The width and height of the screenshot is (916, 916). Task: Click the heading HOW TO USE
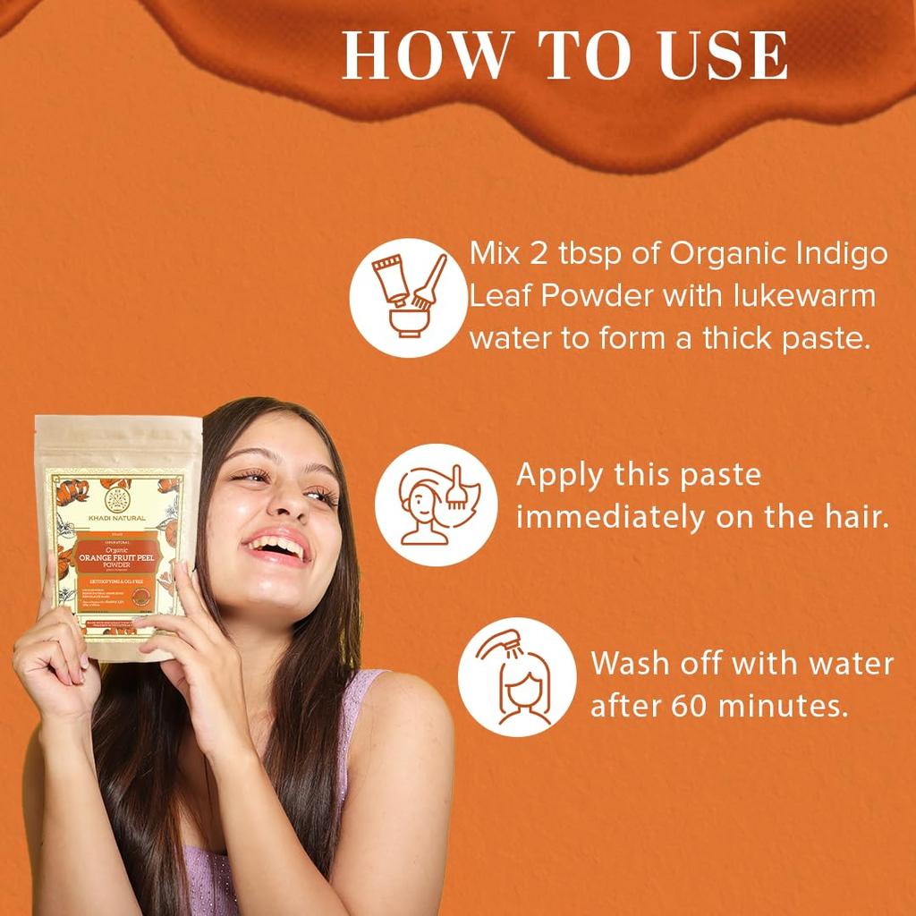pos(565,56)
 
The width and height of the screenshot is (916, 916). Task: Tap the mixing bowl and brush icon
pos(409,297)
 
